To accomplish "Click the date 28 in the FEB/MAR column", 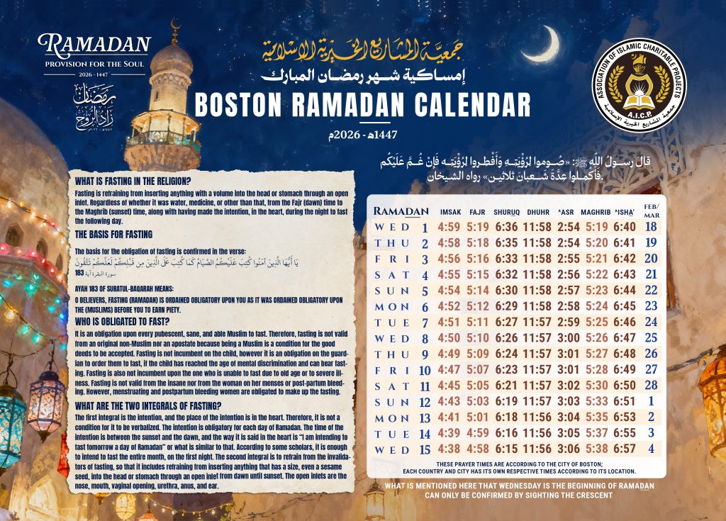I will pos(652,385).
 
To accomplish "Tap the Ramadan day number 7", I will pos(425,322).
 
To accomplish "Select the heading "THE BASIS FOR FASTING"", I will pos(113,235).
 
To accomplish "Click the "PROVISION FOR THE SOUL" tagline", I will pos(95,64).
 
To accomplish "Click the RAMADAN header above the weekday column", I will pos(401,211).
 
